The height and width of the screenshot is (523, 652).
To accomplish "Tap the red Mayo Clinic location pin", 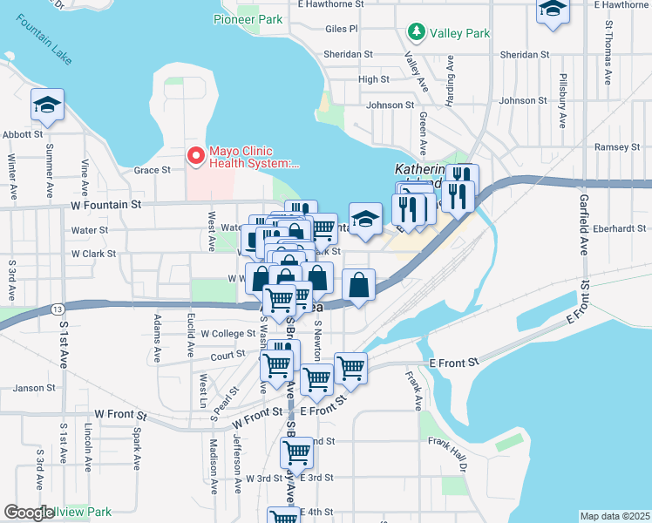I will [x=195, y=156].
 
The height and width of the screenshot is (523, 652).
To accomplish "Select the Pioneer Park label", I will [x=247, y=18].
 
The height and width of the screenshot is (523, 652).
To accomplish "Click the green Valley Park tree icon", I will [x=417, y=33].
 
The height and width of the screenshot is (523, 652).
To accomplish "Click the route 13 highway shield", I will [x=57, y=309].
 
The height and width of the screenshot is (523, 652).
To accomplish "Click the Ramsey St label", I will [x=617, y=147].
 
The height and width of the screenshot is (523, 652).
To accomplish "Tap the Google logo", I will [x=29, y=513].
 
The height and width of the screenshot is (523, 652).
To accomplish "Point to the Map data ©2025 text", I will [x=614, y=516].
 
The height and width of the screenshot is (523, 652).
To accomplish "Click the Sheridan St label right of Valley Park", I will [x=524, y=54].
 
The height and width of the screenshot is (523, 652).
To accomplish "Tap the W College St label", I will [x=228, y=333].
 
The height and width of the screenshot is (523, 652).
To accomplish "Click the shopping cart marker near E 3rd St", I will [x=297, y=454].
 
